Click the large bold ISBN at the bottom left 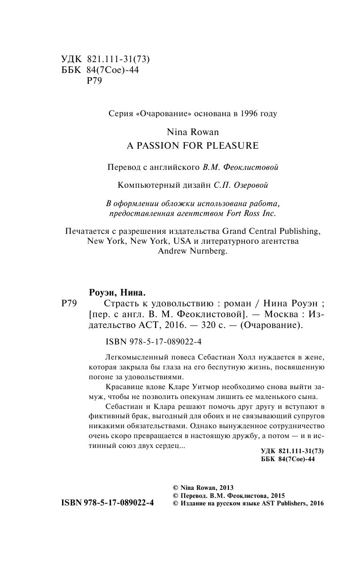tap(108, 503)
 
